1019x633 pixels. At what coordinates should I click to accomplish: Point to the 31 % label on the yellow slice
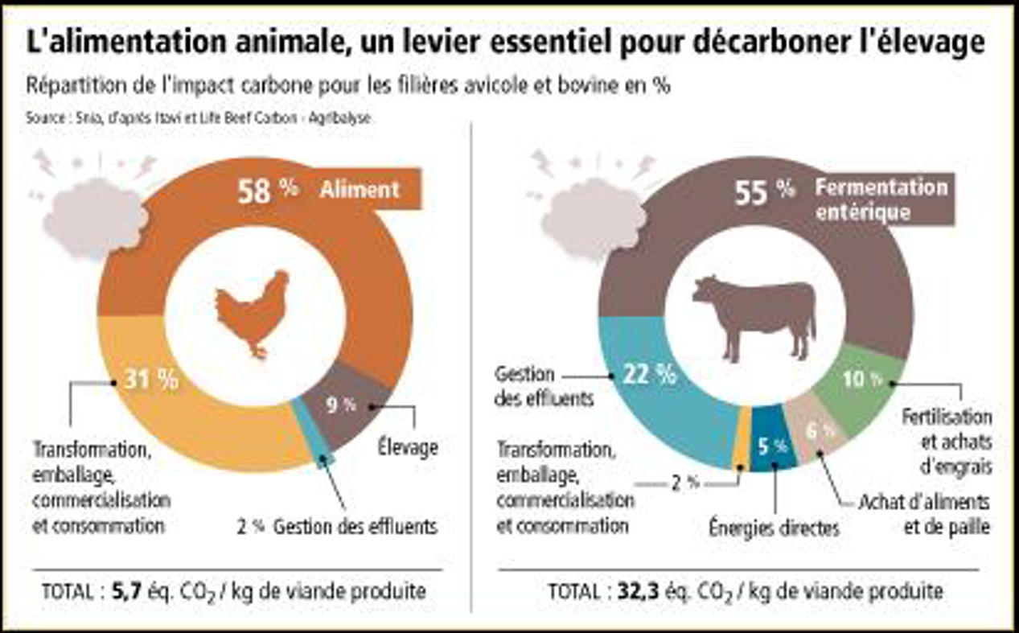(151, 380)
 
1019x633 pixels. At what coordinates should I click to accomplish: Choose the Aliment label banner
(359, 190)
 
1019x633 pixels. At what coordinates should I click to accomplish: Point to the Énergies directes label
(774, 528)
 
